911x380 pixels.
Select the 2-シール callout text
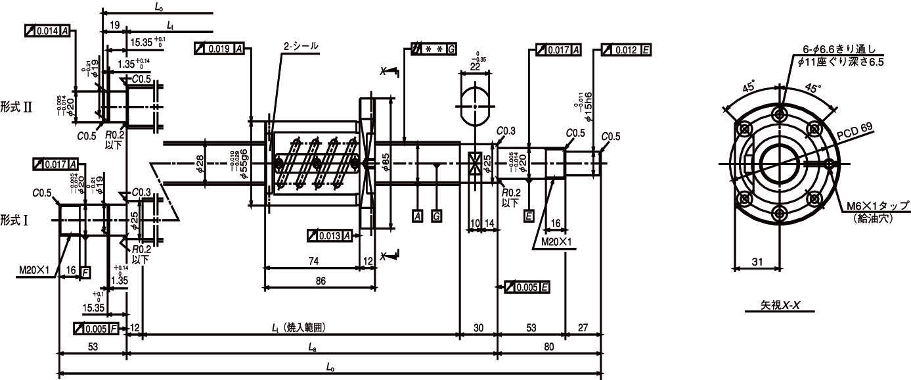[x=300, y=47]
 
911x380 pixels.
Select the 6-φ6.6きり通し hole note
[x=843, y=49]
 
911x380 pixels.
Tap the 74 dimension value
[x=313, y=261]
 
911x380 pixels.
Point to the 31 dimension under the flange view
[x=757, y=262]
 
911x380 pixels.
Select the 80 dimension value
[x=549, y=346]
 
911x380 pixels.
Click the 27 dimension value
[x=582, y=327]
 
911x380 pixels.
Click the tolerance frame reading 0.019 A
[x=219, y=49]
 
